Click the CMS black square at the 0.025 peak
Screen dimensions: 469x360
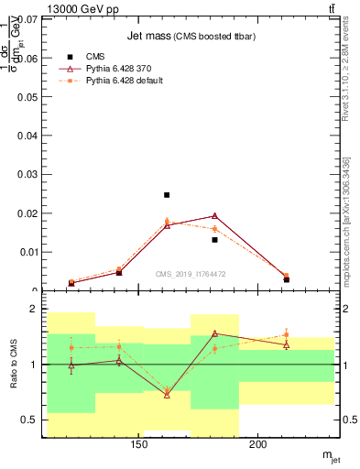(167, 195)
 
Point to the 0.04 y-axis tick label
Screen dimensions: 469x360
(26, 136)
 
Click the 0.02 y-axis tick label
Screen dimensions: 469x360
(26, 213)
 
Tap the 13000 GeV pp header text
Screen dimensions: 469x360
(83, 8)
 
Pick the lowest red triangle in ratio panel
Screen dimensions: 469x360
(167, 394)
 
